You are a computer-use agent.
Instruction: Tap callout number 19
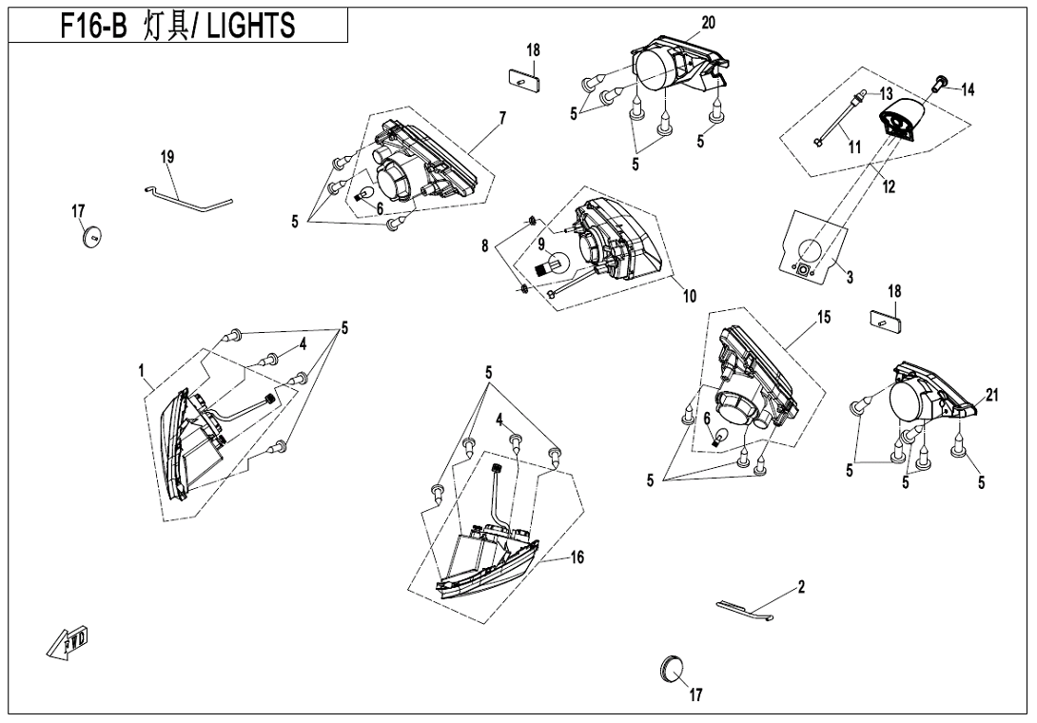[x=168, y=155]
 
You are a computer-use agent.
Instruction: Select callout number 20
[x=708, y=22]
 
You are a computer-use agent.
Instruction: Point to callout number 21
[x=991, y=396]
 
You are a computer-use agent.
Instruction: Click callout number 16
[x=577, y=557]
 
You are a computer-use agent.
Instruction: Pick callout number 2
[x=802, y=587]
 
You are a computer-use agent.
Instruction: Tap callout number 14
[x=968, y=89]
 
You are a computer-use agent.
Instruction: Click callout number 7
[x=502, y=117]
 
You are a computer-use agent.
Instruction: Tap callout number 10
[x=689, y=296]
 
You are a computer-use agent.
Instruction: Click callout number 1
[x=141, y=370]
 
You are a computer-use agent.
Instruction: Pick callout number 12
[x=889, y=187]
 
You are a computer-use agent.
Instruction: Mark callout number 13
[x=886, y=94]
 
